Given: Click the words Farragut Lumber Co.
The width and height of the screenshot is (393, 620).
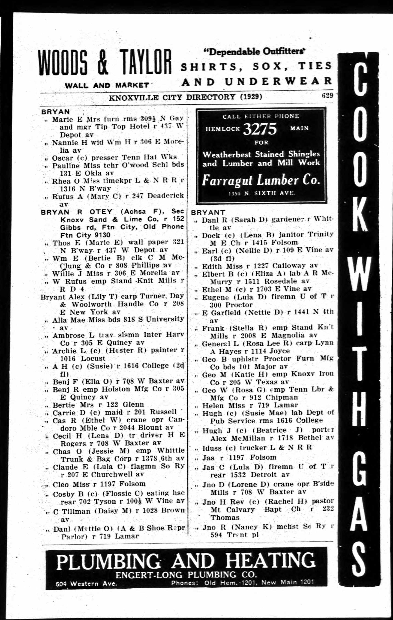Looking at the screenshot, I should [x=261, y=181].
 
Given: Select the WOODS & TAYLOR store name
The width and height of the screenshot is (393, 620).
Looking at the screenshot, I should [x=105, y=63].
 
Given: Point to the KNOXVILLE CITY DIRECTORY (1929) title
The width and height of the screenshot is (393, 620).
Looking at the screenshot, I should [x=186, y=97].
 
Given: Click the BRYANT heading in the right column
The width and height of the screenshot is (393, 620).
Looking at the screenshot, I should [x=208, y=213].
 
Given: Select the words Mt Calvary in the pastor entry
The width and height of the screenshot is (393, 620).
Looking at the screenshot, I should [x=233, y=509].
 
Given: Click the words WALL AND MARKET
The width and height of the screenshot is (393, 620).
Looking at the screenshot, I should [x=107, y=85].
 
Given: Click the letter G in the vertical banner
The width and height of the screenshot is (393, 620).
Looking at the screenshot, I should [x=360, y=465].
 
